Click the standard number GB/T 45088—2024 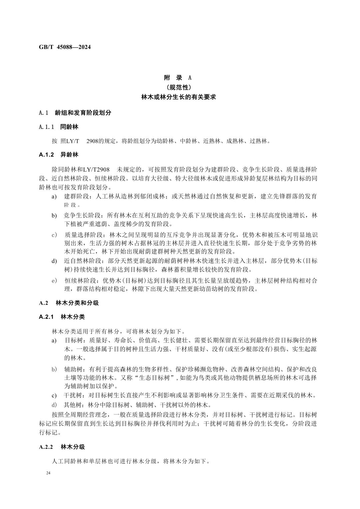coord(65,47)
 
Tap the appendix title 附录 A coord(178,78)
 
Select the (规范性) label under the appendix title coord(178,88)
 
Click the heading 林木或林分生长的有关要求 coord(178,97)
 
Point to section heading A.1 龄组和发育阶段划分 coord(75,113)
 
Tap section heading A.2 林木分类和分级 coord(69,303)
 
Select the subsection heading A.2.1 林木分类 coord(62,316)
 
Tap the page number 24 coord(49,473)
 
